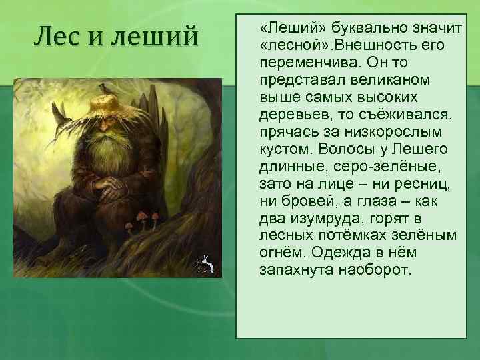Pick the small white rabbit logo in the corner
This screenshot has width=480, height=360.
tap(205, 265)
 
